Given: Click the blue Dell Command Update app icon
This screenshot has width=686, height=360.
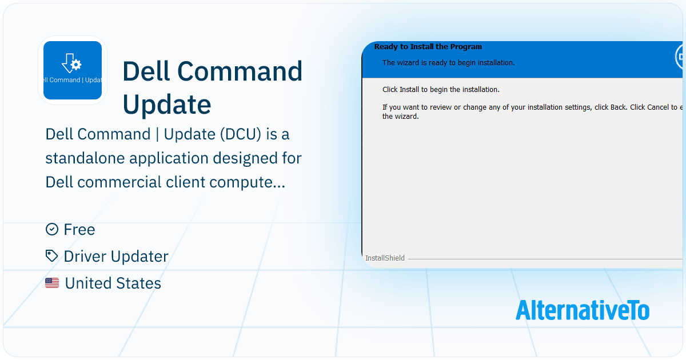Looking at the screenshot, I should click(73, 70).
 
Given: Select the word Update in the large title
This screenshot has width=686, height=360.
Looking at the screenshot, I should click(167, 104).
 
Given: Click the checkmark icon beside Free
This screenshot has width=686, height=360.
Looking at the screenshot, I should click(51, 229).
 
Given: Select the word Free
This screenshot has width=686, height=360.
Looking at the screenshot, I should click(79, 230).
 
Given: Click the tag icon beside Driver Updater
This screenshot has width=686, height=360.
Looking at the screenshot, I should click(51, 256).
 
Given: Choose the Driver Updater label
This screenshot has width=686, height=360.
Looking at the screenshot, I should click(116, 257).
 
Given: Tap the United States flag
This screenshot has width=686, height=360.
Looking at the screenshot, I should click(52, 283).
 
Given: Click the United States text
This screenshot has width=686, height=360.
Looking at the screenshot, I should click(113, 283).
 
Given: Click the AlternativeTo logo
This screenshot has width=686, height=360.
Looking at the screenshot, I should click(582, 310).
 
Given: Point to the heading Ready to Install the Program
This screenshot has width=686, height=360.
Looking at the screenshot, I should click(428, 47).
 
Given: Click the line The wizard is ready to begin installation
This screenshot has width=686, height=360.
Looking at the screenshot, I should click(448, 63).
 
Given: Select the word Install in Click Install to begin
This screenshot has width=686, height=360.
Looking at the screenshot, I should click(409, 90).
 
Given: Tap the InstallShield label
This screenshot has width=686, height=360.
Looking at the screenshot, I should click(385, 258).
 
